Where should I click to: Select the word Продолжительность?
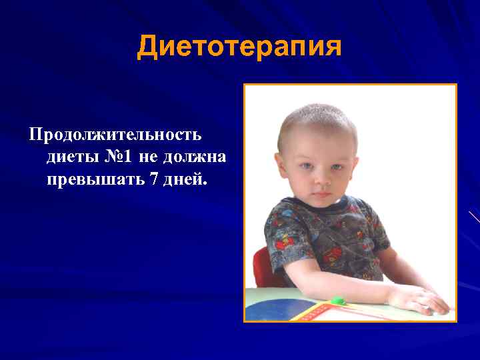click(115, 135)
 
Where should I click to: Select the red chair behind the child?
click(261, 266)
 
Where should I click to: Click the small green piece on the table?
click(337, 301)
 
